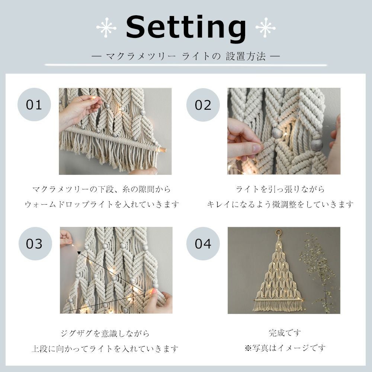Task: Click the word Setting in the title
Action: [186, 28]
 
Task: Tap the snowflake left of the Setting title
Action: [106, 28]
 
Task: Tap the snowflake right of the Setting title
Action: [266, 28]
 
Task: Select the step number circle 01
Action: [34, 105]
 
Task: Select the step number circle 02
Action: [203, 105]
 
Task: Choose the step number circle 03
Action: [35, 244]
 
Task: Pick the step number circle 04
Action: [203, 244]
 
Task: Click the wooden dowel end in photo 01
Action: [163, 150]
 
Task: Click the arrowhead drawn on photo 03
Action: [79, 253]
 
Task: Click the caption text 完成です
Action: [285, 333]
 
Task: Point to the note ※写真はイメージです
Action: [285, 348]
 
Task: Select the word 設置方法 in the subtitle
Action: [246, 57]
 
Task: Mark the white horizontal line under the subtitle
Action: [186, 65]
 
